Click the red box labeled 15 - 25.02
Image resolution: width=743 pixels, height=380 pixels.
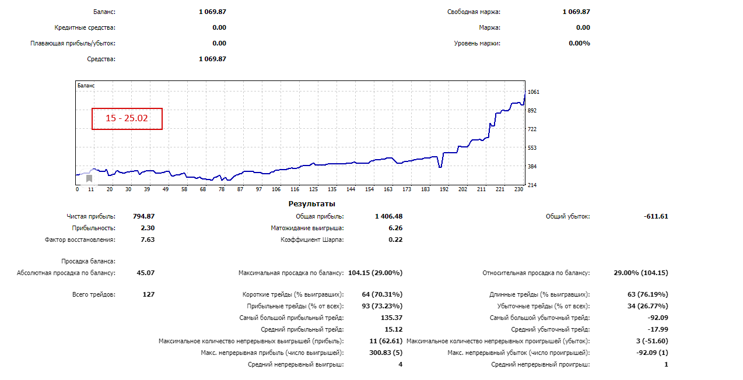click(127, 118)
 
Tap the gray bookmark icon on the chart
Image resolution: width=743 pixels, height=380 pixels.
click(89, 179)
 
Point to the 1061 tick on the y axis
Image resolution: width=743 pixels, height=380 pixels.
click(533, 92)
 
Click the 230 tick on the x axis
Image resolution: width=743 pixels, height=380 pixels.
click(517, 189)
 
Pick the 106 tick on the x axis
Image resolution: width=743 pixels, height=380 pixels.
click(276, 189)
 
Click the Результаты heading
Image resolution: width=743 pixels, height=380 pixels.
click(312, 204)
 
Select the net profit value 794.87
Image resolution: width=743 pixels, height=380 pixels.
click(143, 217)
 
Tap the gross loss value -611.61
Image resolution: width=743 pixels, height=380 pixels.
click(656, 217)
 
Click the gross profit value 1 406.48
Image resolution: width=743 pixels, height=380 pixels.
click(388, 217)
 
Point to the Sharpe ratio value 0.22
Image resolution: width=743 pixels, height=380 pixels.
click(395, 240)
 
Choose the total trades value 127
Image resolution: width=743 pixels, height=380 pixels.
click(148, 295)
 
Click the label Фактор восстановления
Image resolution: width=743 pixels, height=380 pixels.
click(80, 240)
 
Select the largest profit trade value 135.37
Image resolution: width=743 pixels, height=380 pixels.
click(391, 318)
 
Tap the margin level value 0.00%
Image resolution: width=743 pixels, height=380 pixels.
click(579, 43)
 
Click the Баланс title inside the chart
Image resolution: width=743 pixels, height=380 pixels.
click(86, 86)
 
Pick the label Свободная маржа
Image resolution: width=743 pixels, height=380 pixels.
click(474, 12)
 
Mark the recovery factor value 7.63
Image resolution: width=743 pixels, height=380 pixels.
click(148, 240)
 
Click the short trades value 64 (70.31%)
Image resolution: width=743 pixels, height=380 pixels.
click(382, 295)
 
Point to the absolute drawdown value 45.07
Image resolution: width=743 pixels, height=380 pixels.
click(145, 273)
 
